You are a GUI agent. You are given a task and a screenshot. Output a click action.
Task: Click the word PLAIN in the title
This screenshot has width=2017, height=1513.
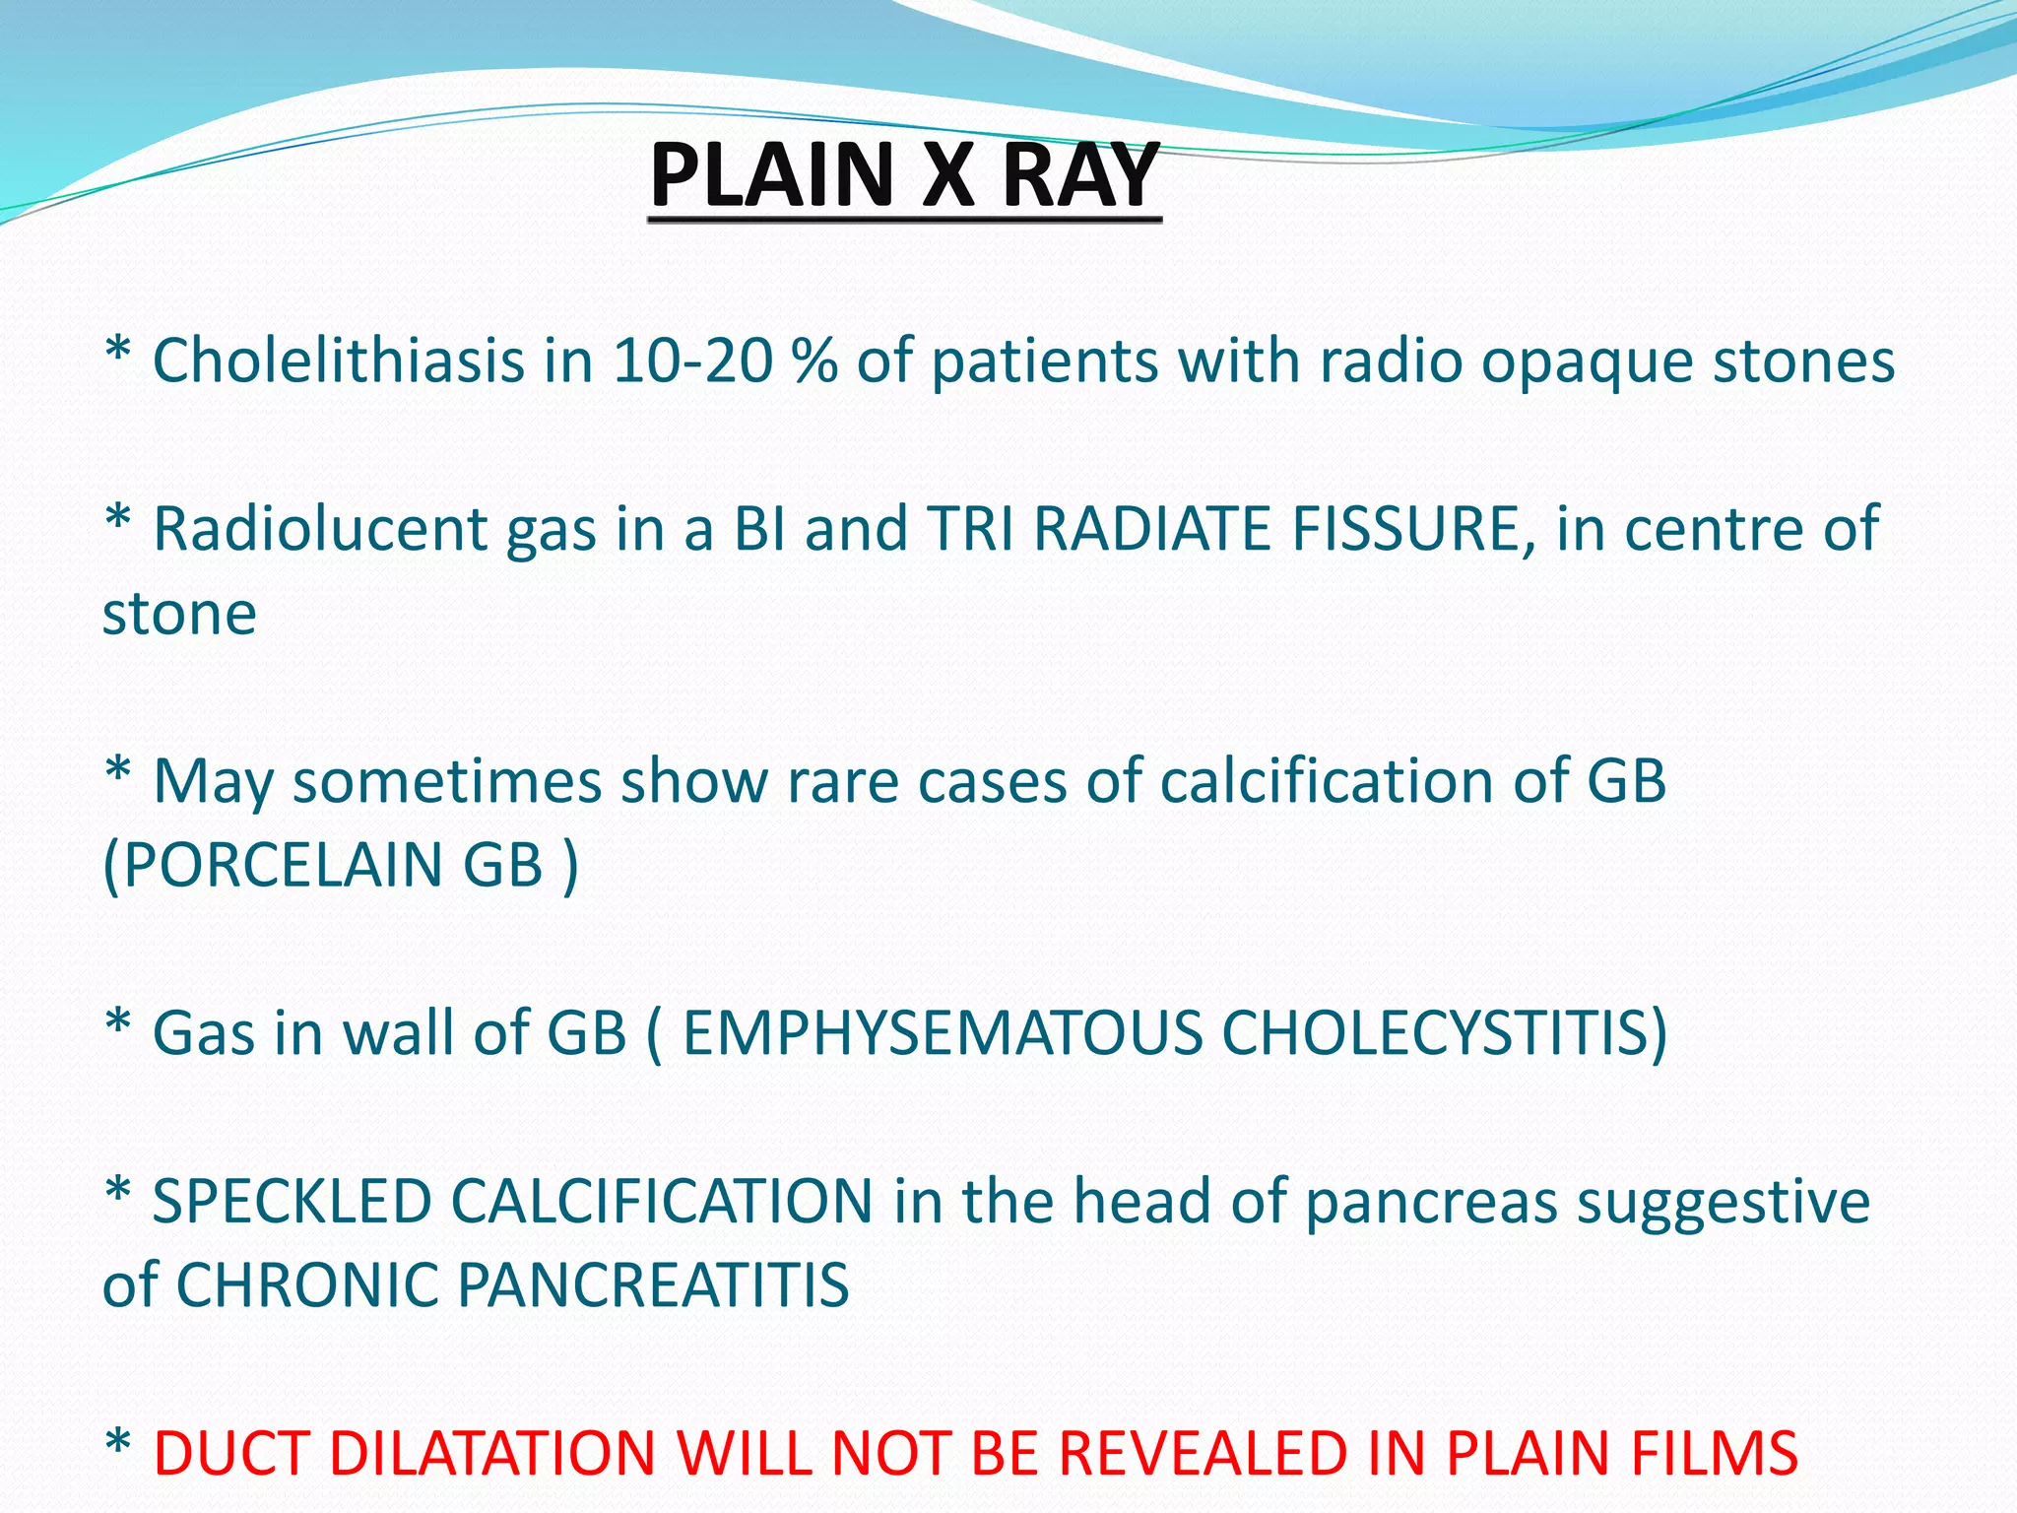771,175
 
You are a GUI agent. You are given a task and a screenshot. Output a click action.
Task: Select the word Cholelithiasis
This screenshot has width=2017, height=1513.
338,361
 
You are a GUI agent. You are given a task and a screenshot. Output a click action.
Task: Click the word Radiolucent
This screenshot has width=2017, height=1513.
321,529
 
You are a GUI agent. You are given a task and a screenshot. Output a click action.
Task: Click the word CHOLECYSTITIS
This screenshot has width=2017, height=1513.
1444,1033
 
